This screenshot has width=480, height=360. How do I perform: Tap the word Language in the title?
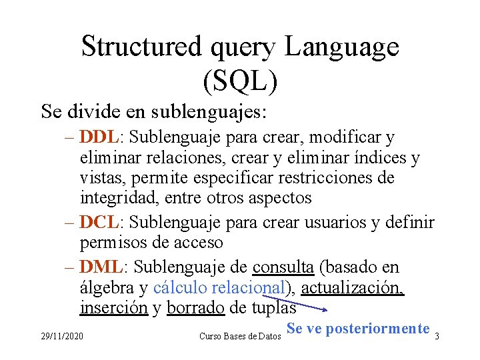tap(341, 47)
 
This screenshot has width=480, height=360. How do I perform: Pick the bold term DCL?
tap(98, 222)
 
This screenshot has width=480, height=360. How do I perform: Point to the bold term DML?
tap(100, 267)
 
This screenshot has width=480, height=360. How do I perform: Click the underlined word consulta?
tap(283, 267)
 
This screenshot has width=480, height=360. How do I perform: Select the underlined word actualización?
tap(352, 288)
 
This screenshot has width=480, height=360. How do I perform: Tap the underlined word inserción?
tap(113, 309)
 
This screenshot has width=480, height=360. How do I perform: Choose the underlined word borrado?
tap(195, 309)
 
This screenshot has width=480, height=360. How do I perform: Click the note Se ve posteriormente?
tap(357, 328)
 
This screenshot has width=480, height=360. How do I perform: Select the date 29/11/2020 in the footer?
tap(62, 336)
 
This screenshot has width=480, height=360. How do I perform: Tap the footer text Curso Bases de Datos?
tap(240, 336)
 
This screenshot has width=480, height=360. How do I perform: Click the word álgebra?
tap(107, 288)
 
